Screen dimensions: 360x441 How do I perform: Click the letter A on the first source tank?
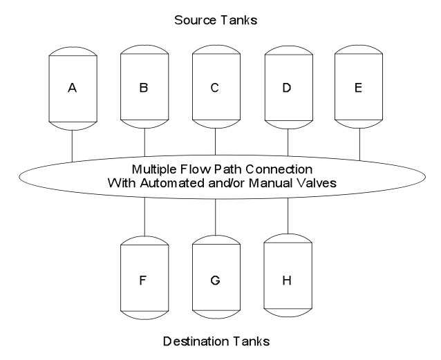[x=73, y=89]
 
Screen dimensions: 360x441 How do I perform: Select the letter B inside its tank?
[x=144, y=89]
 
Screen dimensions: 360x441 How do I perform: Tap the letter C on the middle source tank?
[x=215, y=89]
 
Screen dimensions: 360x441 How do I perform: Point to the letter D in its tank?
[x=288, y=89]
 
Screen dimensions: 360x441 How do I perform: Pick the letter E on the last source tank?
[x=359, y=89]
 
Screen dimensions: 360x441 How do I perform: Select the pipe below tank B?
[x=144, y=143]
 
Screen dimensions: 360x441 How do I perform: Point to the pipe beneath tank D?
[x=288, y=143]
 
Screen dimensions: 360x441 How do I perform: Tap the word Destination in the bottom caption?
[x=191, y=341]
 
